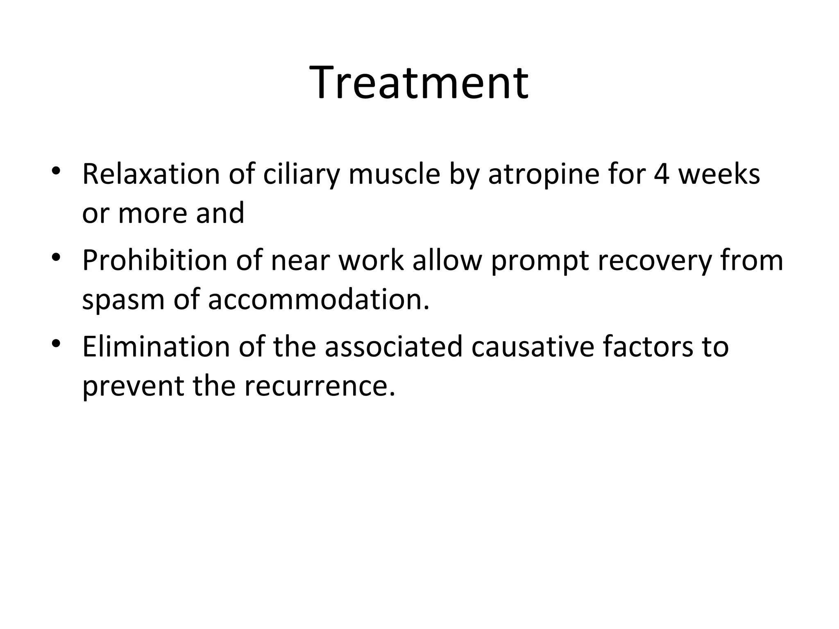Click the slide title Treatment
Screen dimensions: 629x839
pos(419,83)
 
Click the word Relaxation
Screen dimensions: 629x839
pos(151,174)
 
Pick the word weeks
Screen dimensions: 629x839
pos(719,174)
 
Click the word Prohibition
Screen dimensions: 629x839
pos(154,260)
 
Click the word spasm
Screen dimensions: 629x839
pos(123,301)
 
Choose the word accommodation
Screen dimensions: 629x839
pos(319,300)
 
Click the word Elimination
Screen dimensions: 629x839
pos(156,347)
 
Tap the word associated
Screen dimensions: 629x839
pos(393,347)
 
